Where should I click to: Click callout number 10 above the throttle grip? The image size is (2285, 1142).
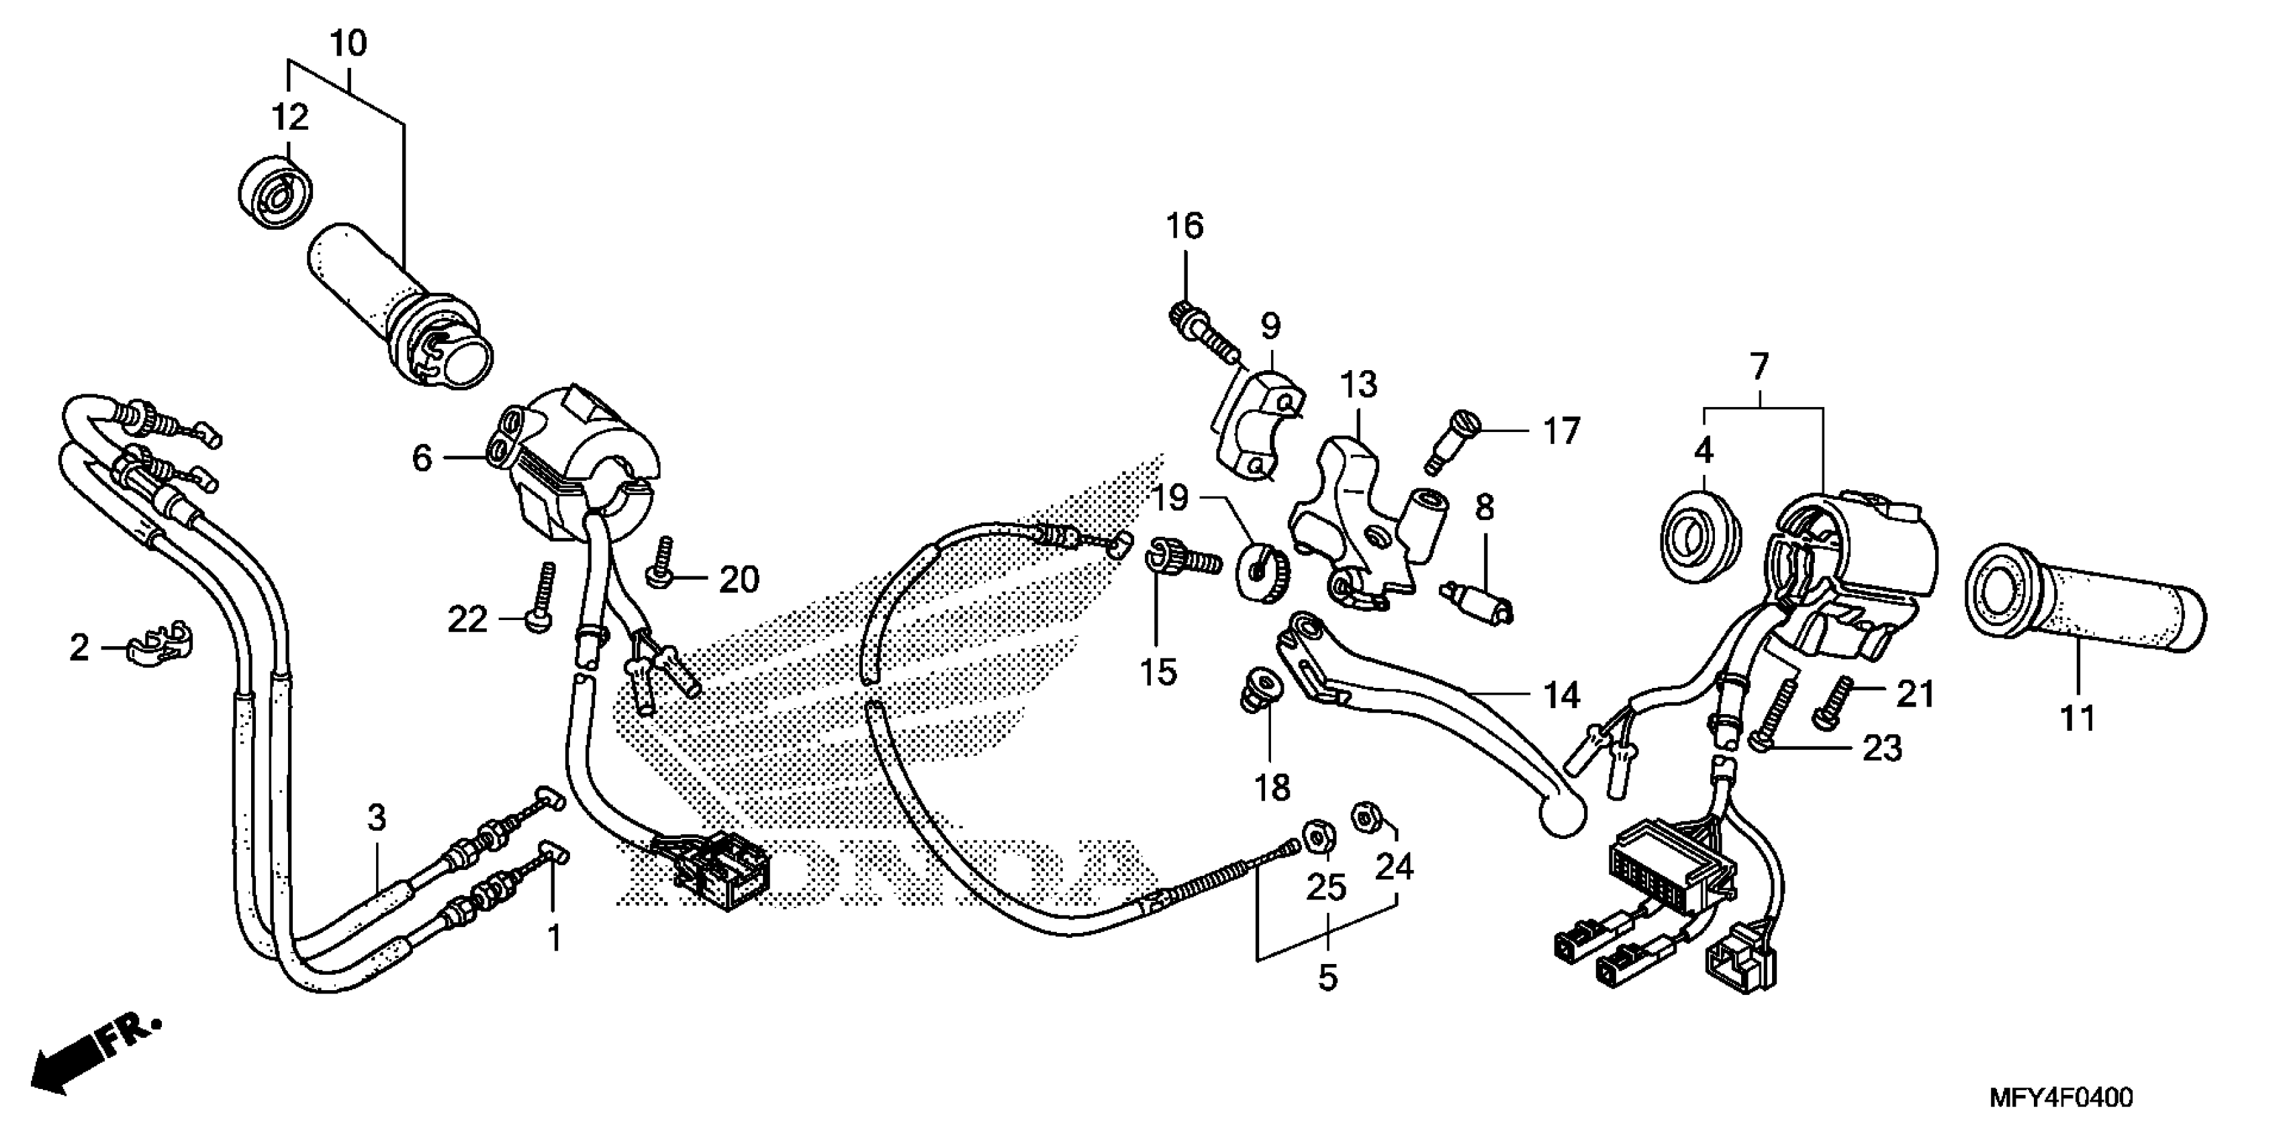coord(348,44)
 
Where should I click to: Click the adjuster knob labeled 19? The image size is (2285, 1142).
coord(1260,570)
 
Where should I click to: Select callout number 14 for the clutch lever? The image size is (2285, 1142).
coord(1560,697)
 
